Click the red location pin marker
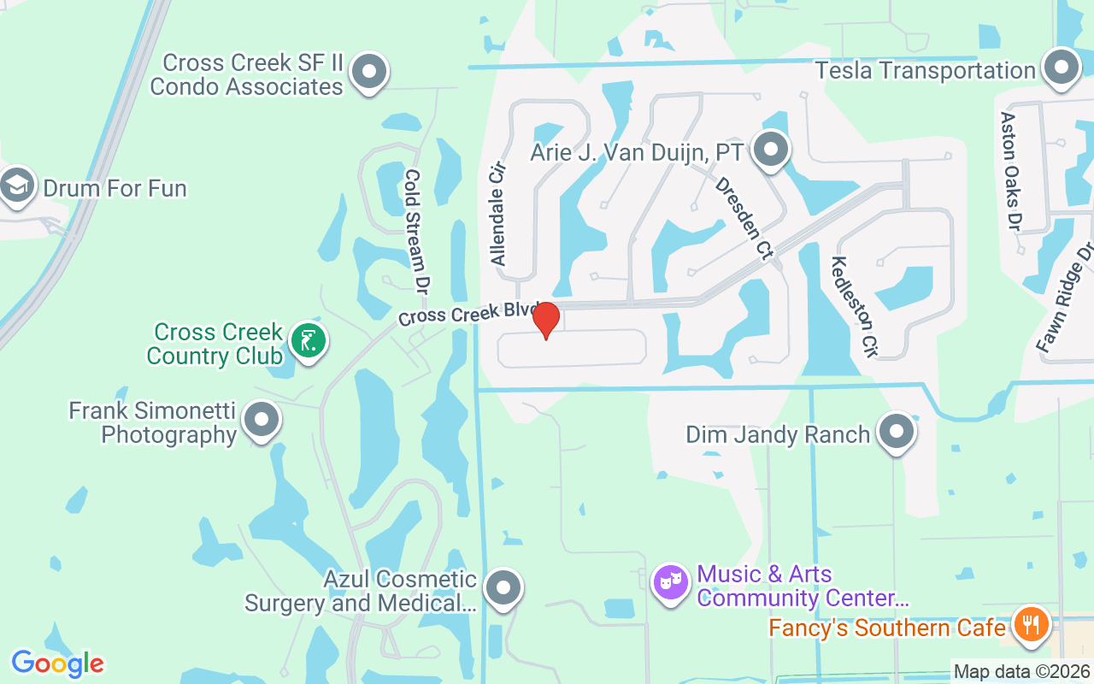click(x=545, y=320)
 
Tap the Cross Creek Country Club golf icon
click(x=308, y=340)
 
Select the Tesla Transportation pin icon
click(x=1062, y=68)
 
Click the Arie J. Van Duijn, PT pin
click(x=772, y=150)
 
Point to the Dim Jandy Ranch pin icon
click(x=897, y=432)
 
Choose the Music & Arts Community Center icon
click(x=671, y=583)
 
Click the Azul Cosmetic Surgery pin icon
click(x=503, y=588)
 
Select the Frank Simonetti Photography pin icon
click(x=262, y=420)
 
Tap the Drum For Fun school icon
click(x=16, y=186)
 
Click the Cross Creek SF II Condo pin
click(x=369, y=71)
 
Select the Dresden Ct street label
click(x=744, y=218)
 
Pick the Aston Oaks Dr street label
click(x=1011, y=171)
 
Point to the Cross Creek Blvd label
click(x=468, y=314)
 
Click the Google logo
click(x=57, y=663)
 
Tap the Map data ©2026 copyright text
click(x=1022, y=672)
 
